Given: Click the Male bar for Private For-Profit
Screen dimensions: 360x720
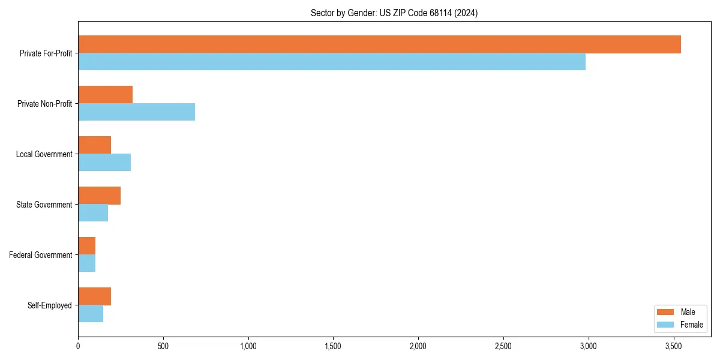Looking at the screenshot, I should point(379,44).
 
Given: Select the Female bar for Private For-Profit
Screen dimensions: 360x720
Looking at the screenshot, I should point(332,62).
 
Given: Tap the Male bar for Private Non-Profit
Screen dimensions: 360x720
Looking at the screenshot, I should point(105,95).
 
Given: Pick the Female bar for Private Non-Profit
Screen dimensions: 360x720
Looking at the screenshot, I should point(136,112).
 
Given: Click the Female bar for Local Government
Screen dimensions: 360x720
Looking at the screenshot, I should point(104,163).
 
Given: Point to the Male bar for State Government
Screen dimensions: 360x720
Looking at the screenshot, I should point(99,196).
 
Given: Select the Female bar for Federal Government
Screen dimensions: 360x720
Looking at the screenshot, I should point(86,263).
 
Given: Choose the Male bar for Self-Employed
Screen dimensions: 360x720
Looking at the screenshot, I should point(94,296).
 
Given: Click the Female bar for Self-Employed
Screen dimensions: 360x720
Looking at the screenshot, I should point(91,314).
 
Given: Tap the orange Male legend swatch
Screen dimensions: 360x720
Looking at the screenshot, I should point(666,312).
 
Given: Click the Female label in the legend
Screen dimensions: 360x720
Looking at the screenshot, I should point(692,325).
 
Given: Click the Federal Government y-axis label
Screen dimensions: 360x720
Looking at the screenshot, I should point(41,255).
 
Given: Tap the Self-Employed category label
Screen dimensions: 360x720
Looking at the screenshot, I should point(50,305).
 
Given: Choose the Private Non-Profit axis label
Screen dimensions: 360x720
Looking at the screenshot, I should point(44,104).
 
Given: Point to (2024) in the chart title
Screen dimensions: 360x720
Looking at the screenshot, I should point(466,13).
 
